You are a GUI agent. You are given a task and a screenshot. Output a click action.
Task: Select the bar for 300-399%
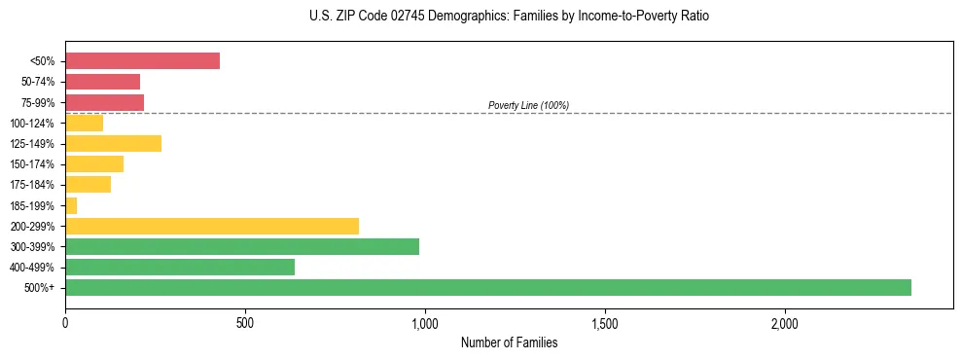pyautogui.click(x=242, y=246)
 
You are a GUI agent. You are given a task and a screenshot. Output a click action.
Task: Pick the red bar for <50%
pyautogui.click(x=142, y=61)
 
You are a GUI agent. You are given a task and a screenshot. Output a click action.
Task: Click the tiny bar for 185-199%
pyautogui.click(x=71, y=205)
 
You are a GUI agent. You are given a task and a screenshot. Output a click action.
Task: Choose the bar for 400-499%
pyautogui.click(x=180, y=267)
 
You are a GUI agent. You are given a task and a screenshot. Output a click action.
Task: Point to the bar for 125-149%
pyautogui.click(x=113, y=144)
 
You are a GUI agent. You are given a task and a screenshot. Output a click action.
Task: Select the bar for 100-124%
pyautogui.click(x=84, y=123)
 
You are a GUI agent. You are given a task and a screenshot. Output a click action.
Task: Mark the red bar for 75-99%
pyautogui.click(x=104, y=102)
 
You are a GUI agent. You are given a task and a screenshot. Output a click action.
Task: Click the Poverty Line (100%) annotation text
pyautogui.click(x=528, y=105)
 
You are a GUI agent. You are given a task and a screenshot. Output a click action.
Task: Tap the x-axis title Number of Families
pyautogui.click(x=509, y=342)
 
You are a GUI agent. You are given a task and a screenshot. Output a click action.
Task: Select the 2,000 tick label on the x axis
pyautogui.click(x=785, y=322)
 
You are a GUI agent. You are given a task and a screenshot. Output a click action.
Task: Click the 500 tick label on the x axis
pyautogui.click(x=245, y=322)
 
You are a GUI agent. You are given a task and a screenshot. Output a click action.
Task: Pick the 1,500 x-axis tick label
pyautogui.click(x=605, y=322)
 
